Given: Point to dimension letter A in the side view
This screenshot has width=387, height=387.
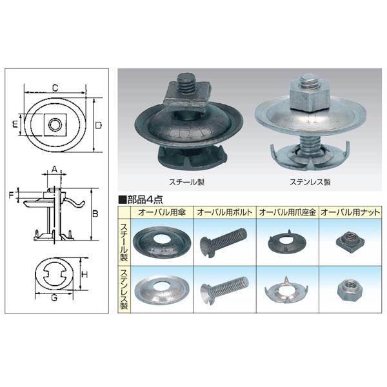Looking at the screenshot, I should [x=54, y=169].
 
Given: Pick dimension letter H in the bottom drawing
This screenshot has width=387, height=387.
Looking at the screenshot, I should [x=85, y=275].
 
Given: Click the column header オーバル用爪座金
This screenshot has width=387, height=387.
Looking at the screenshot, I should [x=288, y=212].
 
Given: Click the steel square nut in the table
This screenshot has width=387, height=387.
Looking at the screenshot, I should [x=350, y=241].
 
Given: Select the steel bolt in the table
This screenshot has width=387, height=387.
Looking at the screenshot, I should [x=224, y=242].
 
